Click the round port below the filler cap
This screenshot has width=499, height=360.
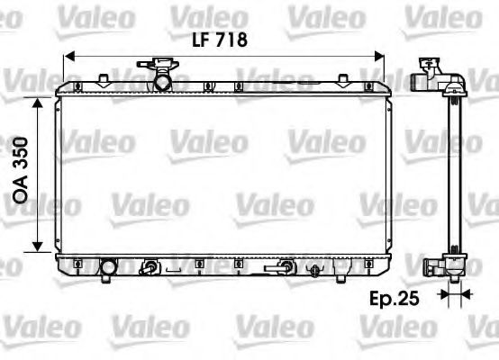coord(162,82)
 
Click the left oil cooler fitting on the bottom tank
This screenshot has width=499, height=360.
coord(152,266)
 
